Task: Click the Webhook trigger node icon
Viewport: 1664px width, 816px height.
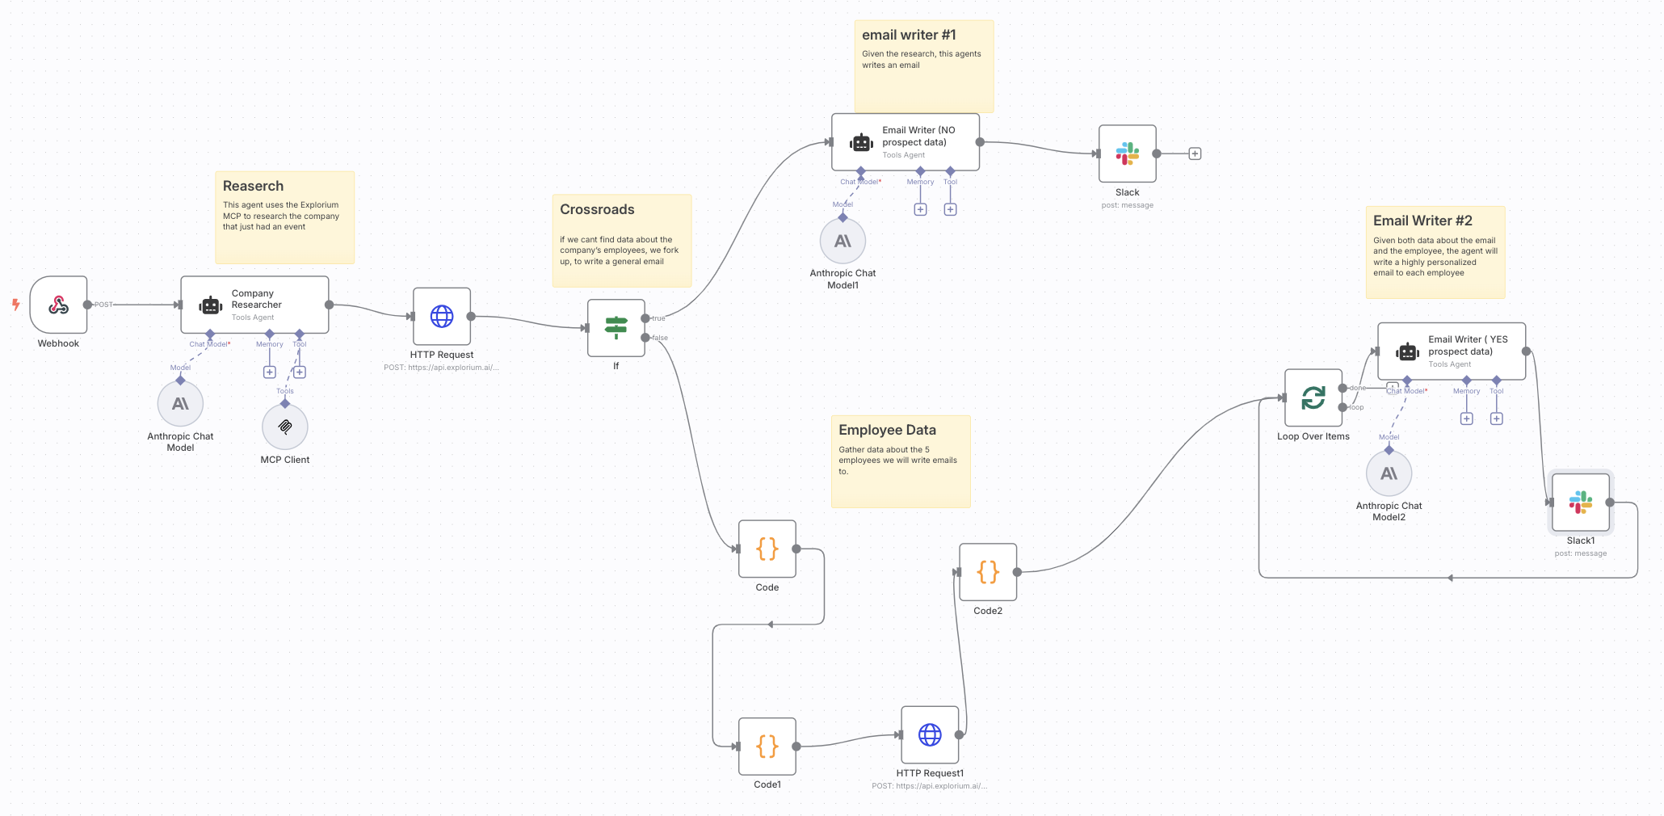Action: point(58,305)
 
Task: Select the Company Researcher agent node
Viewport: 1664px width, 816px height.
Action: point(254,305)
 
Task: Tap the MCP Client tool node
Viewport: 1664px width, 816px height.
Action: point(285,427)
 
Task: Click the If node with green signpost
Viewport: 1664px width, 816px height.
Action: point(616,327)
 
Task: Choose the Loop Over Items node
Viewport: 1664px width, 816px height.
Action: point(1313,397)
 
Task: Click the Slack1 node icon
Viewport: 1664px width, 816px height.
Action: point(1581,503)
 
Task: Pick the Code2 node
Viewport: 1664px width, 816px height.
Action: point(988,572)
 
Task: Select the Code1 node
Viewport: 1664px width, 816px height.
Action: point(767,747)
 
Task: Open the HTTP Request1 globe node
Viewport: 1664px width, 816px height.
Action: point(930,734)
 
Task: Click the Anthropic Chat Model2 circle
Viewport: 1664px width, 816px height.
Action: point(1389,473)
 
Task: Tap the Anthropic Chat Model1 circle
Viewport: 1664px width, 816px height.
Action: point(843,241)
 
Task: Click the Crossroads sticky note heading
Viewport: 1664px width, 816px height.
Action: point(597,210)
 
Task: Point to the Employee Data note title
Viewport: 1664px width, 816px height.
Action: point(887,431)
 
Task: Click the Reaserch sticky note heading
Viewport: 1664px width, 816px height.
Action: point(253,187)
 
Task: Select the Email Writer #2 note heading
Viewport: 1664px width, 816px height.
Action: point(1422,221)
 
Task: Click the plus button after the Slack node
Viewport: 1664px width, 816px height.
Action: point(1195,154)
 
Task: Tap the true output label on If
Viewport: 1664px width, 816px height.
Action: point(659,318)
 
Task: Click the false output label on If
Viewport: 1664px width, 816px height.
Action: point(660,338)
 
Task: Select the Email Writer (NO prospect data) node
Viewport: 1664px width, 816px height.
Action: point(906,142)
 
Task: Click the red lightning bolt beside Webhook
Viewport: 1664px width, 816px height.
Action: point(15,305)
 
